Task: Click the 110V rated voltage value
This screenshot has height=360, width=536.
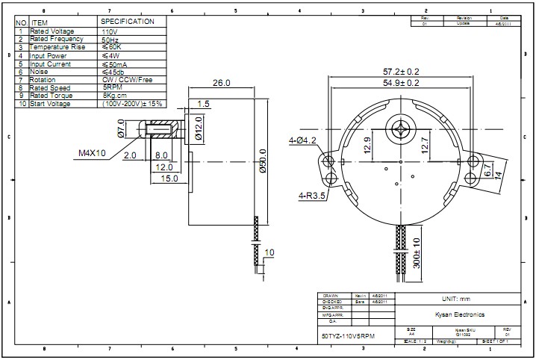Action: (110, 31)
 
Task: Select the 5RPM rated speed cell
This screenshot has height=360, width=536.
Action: (114, 87)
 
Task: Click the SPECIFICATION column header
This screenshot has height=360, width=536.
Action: (128, 22)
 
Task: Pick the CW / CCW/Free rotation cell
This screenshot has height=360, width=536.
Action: (127, 79)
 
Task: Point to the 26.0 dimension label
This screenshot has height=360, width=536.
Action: (222, 83)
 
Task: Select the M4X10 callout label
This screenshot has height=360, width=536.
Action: (92, 154)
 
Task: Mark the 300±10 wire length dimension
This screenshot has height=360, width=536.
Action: (417, 252)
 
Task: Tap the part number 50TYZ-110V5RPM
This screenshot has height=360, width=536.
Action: (348, 338)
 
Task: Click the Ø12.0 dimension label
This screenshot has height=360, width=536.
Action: (199, 128)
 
